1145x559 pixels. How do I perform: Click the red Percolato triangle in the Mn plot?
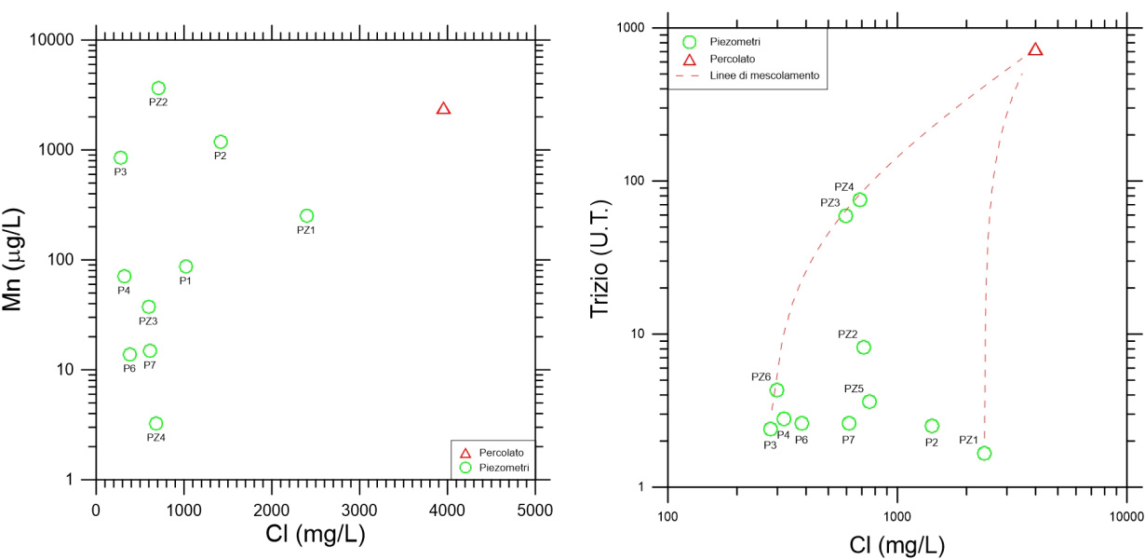(x=443, y=109)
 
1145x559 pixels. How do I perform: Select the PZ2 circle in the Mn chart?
(x=158, y=88)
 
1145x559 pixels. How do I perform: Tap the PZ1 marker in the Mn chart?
(x=306, y=215)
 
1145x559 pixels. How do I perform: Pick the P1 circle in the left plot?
(x=185, y=266)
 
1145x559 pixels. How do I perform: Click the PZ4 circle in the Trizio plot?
(x=859, y=199)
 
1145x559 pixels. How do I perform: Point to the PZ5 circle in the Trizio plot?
(x=869, y=402)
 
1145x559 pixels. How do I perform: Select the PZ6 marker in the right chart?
(x=776, y=390)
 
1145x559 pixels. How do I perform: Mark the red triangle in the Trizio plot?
(x=1034, y=49)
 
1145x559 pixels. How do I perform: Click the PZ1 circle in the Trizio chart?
(x=984, y=453)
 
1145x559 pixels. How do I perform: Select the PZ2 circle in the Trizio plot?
(x=863, y=348)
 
